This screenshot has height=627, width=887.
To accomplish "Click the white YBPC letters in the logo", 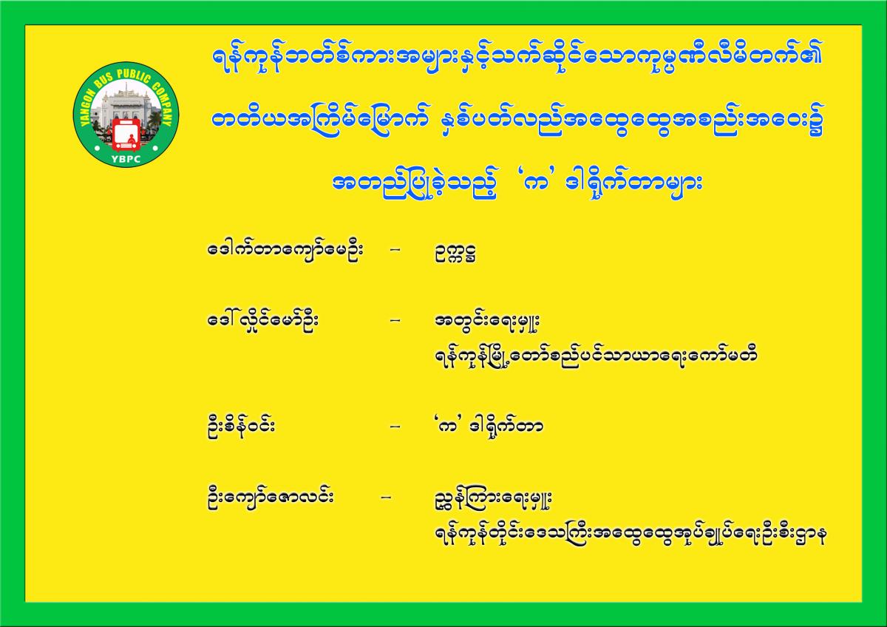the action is click(126, 159).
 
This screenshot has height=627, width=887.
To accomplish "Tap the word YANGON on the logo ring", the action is click(88, 104).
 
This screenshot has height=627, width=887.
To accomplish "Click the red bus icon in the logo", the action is click(126, 135).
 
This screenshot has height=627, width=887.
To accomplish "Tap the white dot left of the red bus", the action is click(97, 148).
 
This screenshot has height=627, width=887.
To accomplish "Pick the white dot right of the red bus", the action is click(155, 148).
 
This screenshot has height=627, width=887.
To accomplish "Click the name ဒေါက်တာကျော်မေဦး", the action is click(286, 251).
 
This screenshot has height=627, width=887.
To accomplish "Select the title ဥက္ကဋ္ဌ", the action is click(455, 253).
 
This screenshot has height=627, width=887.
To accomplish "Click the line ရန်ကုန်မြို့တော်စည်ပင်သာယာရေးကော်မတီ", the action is click(596, 356).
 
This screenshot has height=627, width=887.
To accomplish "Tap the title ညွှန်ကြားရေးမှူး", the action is click(493, 500).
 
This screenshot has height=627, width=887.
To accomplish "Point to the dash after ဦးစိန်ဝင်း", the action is click(395, 427).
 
